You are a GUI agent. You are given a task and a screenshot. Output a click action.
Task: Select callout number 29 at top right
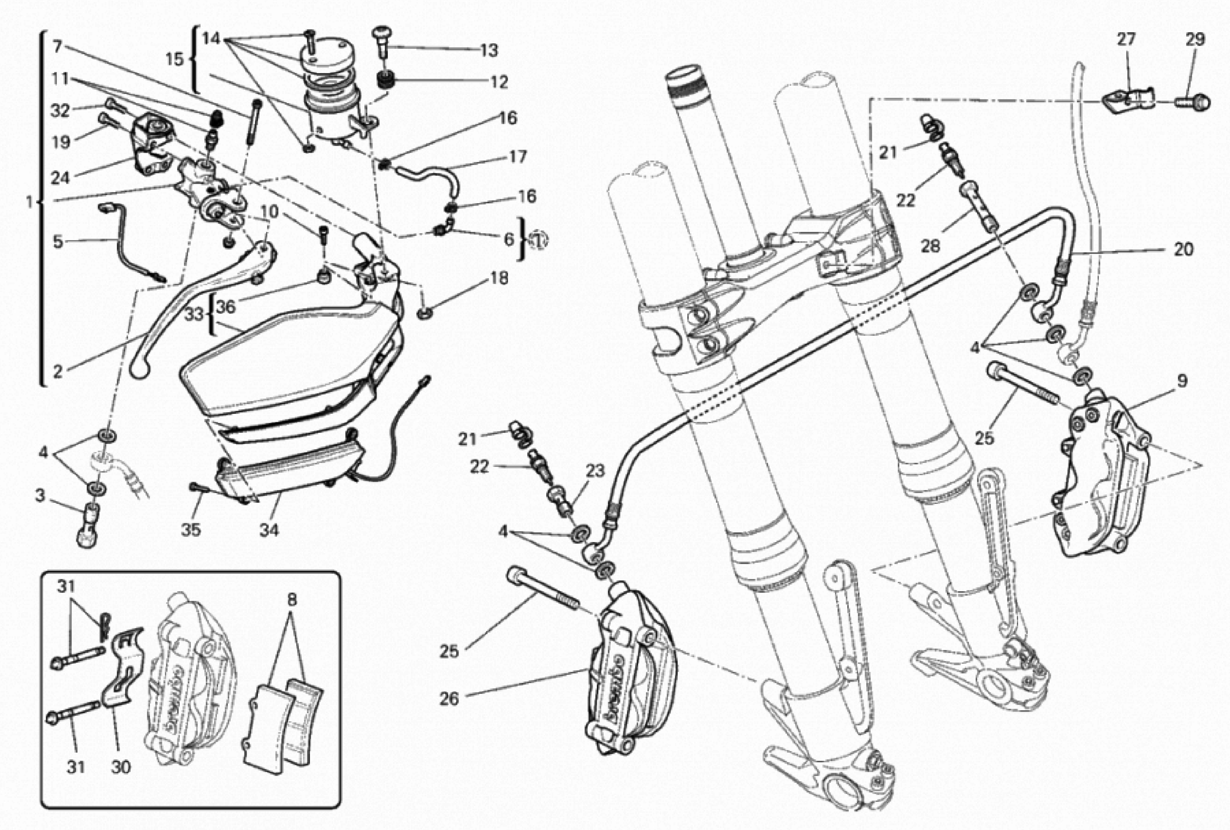1195,39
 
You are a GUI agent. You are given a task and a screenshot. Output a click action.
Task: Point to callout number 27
1126,39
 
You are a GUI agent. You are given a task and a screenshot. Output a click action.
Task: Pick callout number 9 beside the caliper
1182,381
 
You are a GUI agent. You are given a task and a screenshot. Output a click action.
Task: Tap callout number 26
449,699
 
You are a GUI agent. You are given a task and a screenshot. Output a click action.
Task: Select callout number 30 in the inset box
121,767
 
